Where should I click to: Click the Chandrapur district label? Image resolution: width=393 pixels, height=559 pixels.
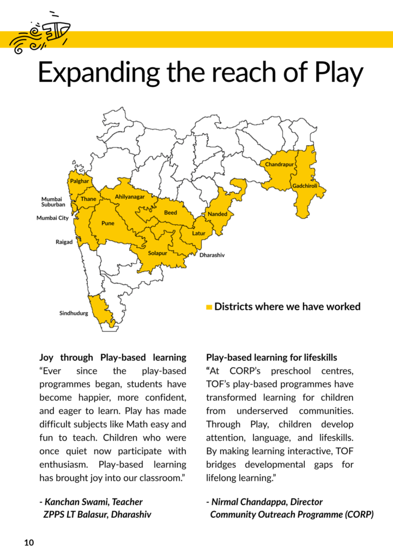pyautogui.click(x=280, y=164)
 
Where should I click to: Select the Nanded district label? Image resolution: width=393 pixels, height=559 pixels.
pyautogui.click(x=217, y=214)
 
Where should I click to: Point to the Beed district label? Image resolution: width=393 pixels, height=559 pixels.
pyautogui.click(x=171, y=213)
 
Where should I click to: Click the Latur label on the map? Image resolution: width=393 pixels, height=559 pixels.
pyautogui.click(x=198, y=233)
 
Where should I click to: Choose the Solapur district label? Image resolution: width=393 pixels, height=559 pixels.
pyautogui.click(x=158, y=253)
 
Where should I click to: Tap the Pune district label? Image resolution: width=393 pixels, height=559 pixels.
pyautogui.click(x=108, y=223)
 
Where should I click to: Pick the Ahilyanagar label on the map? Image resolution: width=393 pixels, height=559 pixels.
pyautogui.click(x=130, y=197)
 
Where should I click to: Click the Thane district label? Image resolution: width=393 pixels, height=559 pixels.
pyautogui.click(x=88, y=199)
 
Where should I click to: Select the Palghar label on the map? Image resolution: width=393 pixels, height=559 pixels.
pyautogui.click(x=80, y=181)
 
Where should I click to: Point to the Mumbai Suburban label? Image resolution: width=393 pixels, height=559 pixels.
pyautogui.click(x=53, y=202)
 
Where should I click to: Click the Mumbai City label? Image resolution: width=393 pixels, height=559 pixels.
pyautogui.click(x=52, y=218)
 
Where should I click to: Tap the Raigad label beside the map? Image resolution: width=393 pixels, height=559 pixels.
pyautogui.click(x=64, y=242)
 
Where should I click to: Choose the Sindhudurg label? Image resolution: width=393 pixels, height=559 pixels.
pyautogui.click(x=74, y=313)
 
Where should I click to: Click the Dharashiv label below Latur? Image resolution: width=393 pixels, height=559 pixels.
pyautogui.click(x=212, y=255)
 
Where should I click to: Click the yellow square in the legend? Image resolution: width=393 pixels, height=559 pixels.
pyautogui.click(x=209, y=307)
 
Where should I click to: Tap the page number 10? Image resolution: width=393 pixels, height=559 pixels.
pyautogui.click(x=29, y=543)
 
